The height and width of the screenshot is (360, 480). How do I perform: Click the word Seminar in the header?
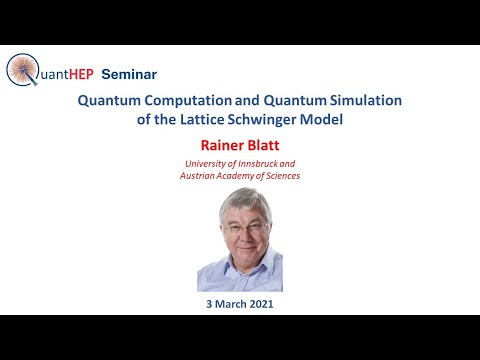point(130,74)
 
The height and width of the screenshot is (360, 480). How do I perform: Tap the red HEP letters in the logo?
point(80,74)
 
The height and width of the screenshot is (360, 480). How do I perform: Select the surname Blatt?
point(263,143)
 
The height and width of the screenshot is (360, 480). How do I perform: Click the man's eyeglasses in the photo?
point(240,229)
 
